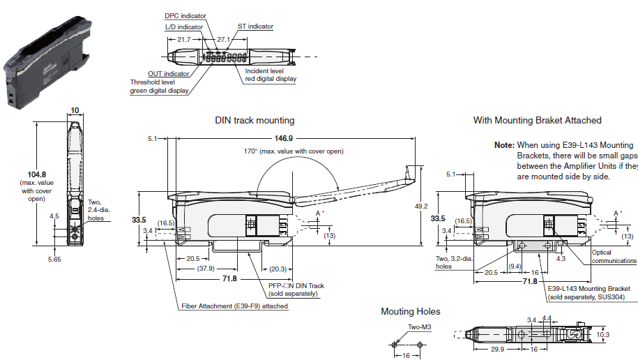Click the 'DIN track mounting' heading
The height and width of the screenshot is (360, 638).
[255, 121]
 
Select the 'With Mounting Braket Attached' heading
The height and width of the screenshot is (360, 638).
[537, 121]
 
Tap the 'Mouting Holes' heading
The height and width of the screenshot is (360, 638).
[411, 311]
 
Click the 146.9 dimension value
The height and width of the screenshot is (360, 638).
[284, 138]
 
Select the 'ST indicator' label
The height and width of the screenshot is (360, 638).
[255, 27]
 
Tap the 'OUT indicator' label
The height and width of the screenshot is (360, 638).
[168, 73]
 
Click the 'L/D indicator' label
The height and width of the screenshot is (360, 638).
[184, 27]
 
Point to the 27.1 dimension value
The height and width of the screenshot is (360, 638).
[224, 40]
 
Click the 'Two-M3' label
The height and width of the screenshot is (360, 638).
[419, 326]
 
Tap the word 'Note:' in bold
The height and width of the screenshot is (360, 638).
[504, 145]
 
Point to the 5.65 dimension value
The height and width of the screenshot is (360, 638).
[54, 259]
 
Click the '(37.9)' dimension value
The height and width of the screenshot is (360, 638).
[206, 268]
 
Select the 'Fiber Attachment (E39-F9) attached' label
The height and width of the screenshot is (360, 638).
[234, 306]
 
